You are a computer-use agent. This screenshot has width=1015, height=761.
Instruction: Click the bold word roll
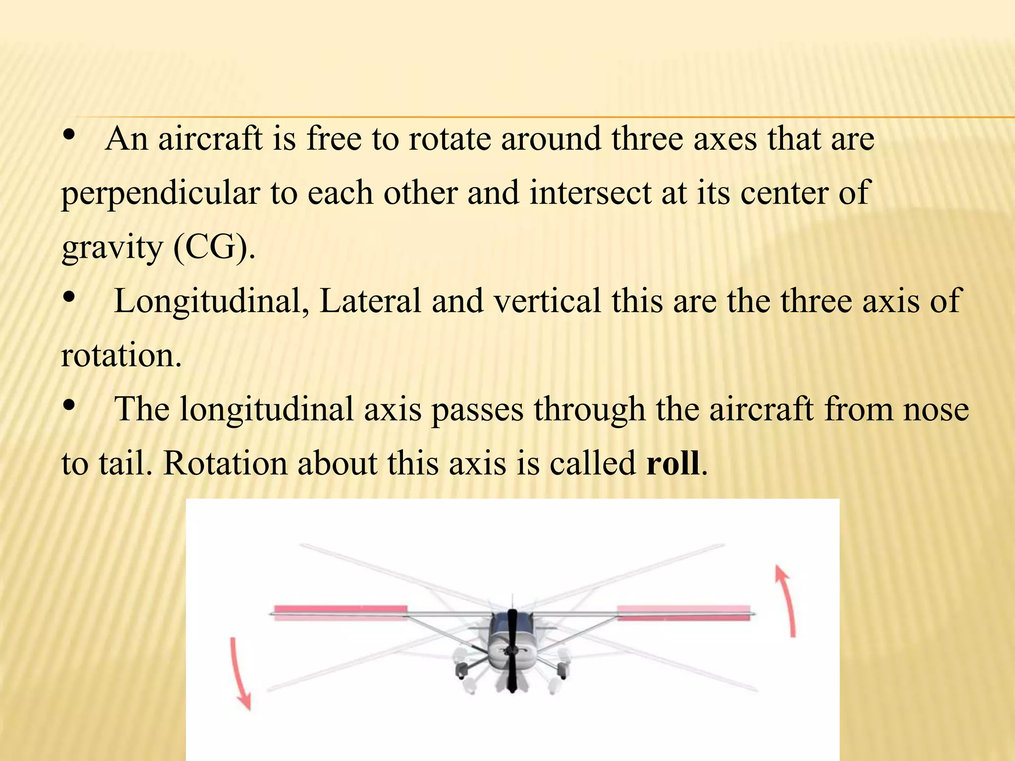[x=673, y=463]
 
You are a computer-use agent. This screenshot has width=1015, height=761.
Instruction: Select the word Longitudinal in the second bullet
[x=208, y=301]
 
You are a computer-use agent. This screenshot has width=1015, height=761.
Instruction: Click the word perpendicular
[x=160, y=193]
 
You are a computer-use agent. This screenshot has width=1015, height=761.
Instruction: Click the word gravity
[x=112, y=248]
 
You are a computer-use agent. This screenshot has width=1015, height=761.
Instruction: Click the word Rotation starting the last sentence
[x=225, y=463]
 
